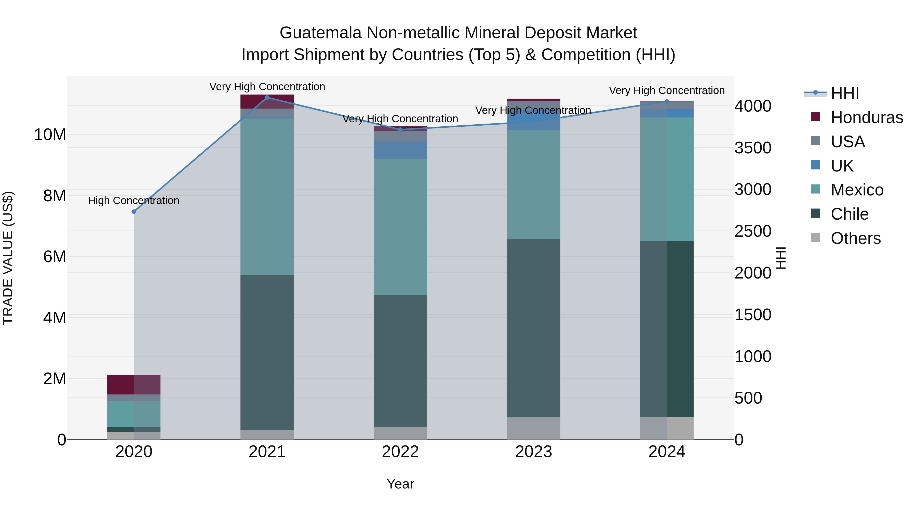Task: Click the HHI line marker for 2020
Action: coord(134,211)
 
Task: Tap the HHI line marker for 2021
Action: coord(267,98)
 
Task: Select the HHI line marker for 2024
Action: coord(667,101)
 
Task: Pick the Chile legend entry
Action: coord(849,214)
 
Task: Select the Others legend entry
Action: coord(855,238)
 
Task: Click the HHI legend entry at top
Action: coord(844,93)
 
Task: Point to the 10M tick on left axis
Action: coord(50,135)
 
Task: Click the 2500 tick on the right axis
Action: coord(752,231)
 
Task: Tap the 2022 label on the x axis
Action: coord(400,452)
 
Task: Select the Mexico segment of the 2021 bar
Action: coord(267,196)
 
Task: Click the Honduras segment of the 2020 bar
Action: coord(134,384)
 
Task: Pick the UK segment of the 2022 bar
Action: coord(400,150)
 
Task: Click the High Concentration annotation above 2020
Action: coord(133,201)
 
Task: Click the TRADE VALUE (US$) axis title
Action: coord(8,258)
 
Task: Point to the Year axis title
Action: coord(400,484)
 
